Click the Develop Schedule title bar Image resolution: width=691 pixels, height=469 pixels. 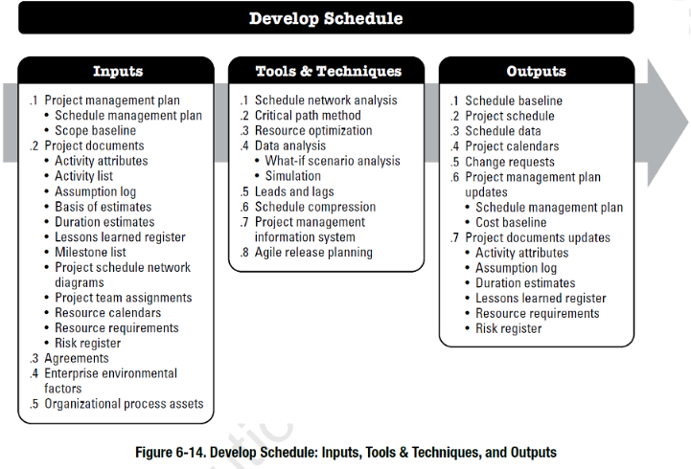(326, 18)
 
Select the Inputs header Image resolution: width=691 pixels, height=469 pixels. (117, 71)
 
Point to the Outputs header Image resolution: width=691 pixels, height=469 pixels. (536, 71)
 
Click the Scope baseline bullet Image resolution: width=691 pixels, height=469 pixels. (95, 131)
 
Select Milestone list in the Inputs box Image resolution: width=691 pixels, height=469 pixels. (90, 253)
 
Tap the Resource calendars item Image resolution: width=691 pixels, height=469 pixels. (107, 313)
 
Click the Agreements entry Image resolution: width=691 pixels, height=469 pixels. (76, 359)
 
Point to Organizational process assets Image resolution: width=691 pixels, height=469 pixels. (124, 404)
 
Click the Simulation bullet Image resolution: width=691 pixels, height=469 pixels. (292, 176)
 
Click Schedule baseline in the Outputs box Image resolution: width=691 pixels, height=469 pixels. (514, 100)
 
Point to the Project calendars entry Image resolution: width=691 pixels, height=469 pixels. (512, 146)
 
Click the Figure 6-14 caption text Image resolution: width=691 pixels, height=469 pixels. (345, 452)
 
